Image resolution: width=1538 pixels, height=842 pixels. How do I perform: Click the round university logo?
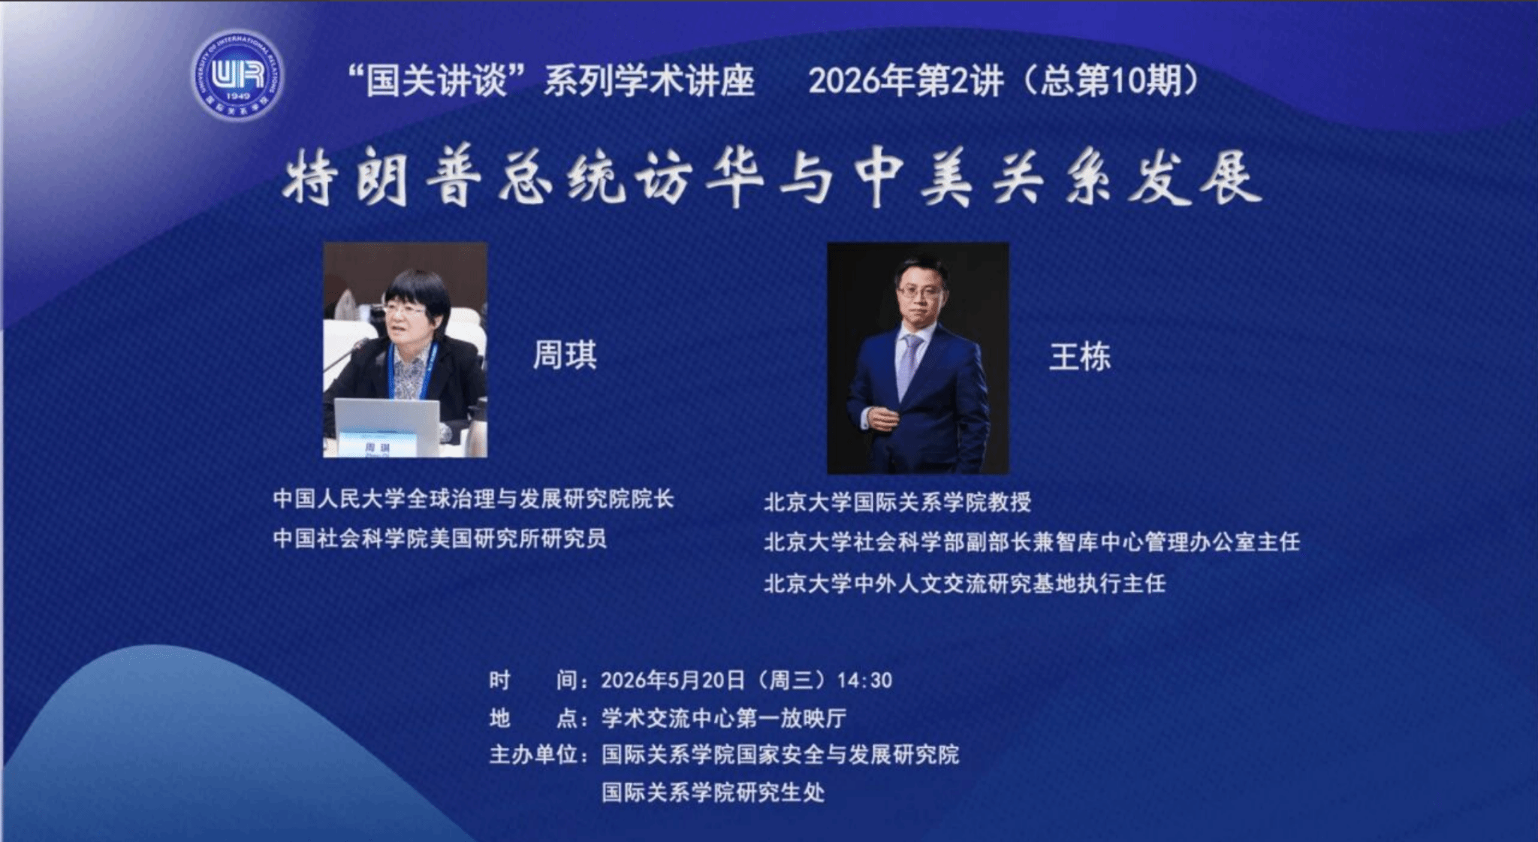[237, 75]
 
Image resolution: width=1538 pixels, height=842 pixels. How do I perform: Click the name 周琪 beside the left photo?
[565, 355]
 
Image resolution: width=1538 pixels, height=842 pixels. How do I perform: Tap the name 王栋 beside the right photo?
[1080, 357]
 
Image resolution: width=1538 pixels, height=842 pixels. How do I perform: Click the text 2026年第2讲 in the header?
[906, 81]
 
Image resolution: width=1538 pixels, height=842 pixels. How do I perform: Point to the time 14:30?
[864, 681]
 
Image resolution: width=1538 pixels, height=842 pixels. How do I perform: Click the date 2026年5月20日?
[673, 681]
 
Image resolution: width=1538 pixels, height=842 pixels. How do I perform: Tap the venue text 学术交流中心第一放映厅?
[724, 718]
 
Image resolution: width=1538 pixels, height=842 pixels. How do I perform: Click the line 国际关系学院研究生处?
[713, 792]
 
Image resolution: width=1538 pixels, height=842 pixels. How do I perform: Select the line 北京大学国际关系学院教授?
[897, 502]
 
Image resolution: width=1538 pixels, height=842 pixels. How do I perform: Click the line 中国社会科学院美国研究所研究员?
[439, 539]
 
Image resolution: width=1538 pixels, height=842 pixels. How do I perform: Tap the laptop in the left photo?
[387, 427]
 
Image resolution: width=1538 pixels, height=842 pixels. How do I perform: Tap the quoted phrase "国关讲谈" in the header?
[437, 81]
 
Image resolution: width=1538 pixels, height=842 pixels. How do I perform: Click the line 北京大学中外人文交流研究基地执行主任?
[965, 584]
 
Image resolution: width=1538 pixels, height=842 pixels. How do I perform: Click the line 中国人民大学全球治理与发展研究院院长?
[473, 499]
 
